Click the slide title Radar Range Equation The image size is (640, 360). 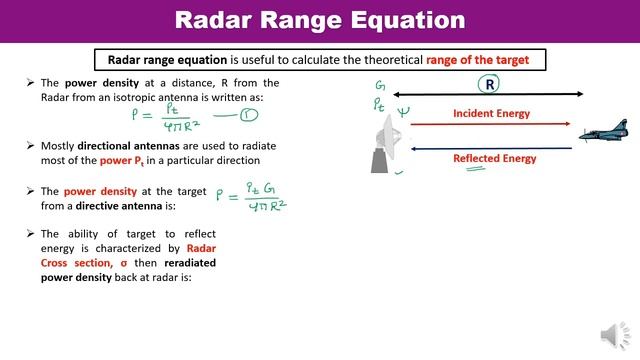(x=320, y=20)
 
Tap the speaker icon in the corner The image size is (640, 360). (x=612, y=335)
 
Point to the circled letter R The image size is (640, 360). (x=491, y=84)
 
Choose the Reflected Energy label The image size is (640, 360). (x=494, y=158)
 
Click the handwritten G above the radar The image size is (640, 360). (x=380, y=87)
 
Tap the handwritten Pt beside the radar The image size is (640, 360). (x=380, y=104)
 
